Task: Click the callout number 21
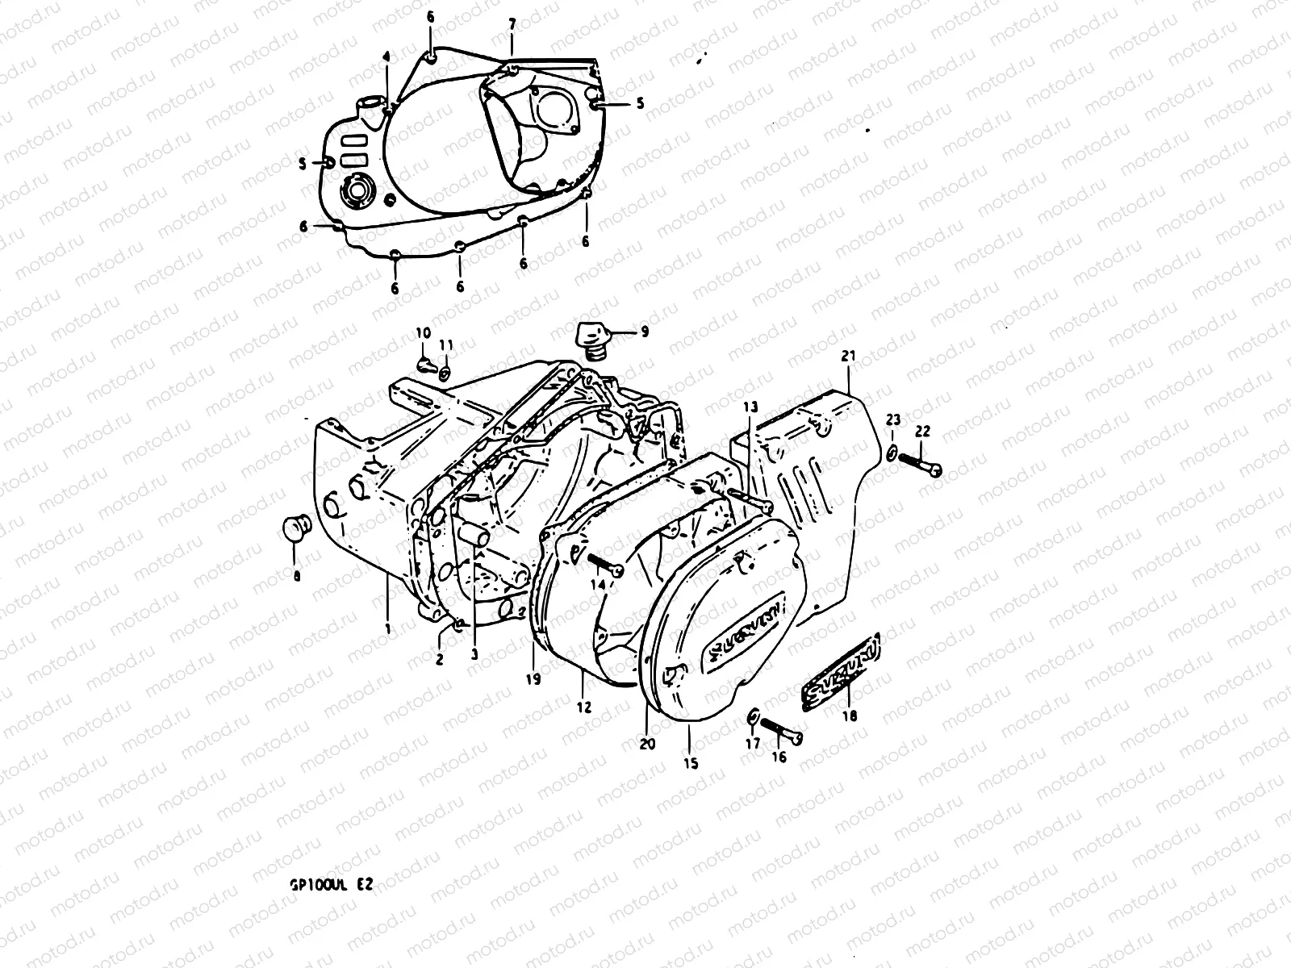click(846, 355)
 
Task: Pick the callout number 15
click(690, 763)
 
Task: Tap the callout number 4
click(386, 56)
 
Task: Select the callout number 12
click(583, 707)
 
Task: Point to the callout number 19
click(533, 679)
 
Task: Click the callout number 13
click(750, 409)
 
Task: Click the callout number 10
click(424, 333)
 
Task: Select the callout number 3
click(474, 656)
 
